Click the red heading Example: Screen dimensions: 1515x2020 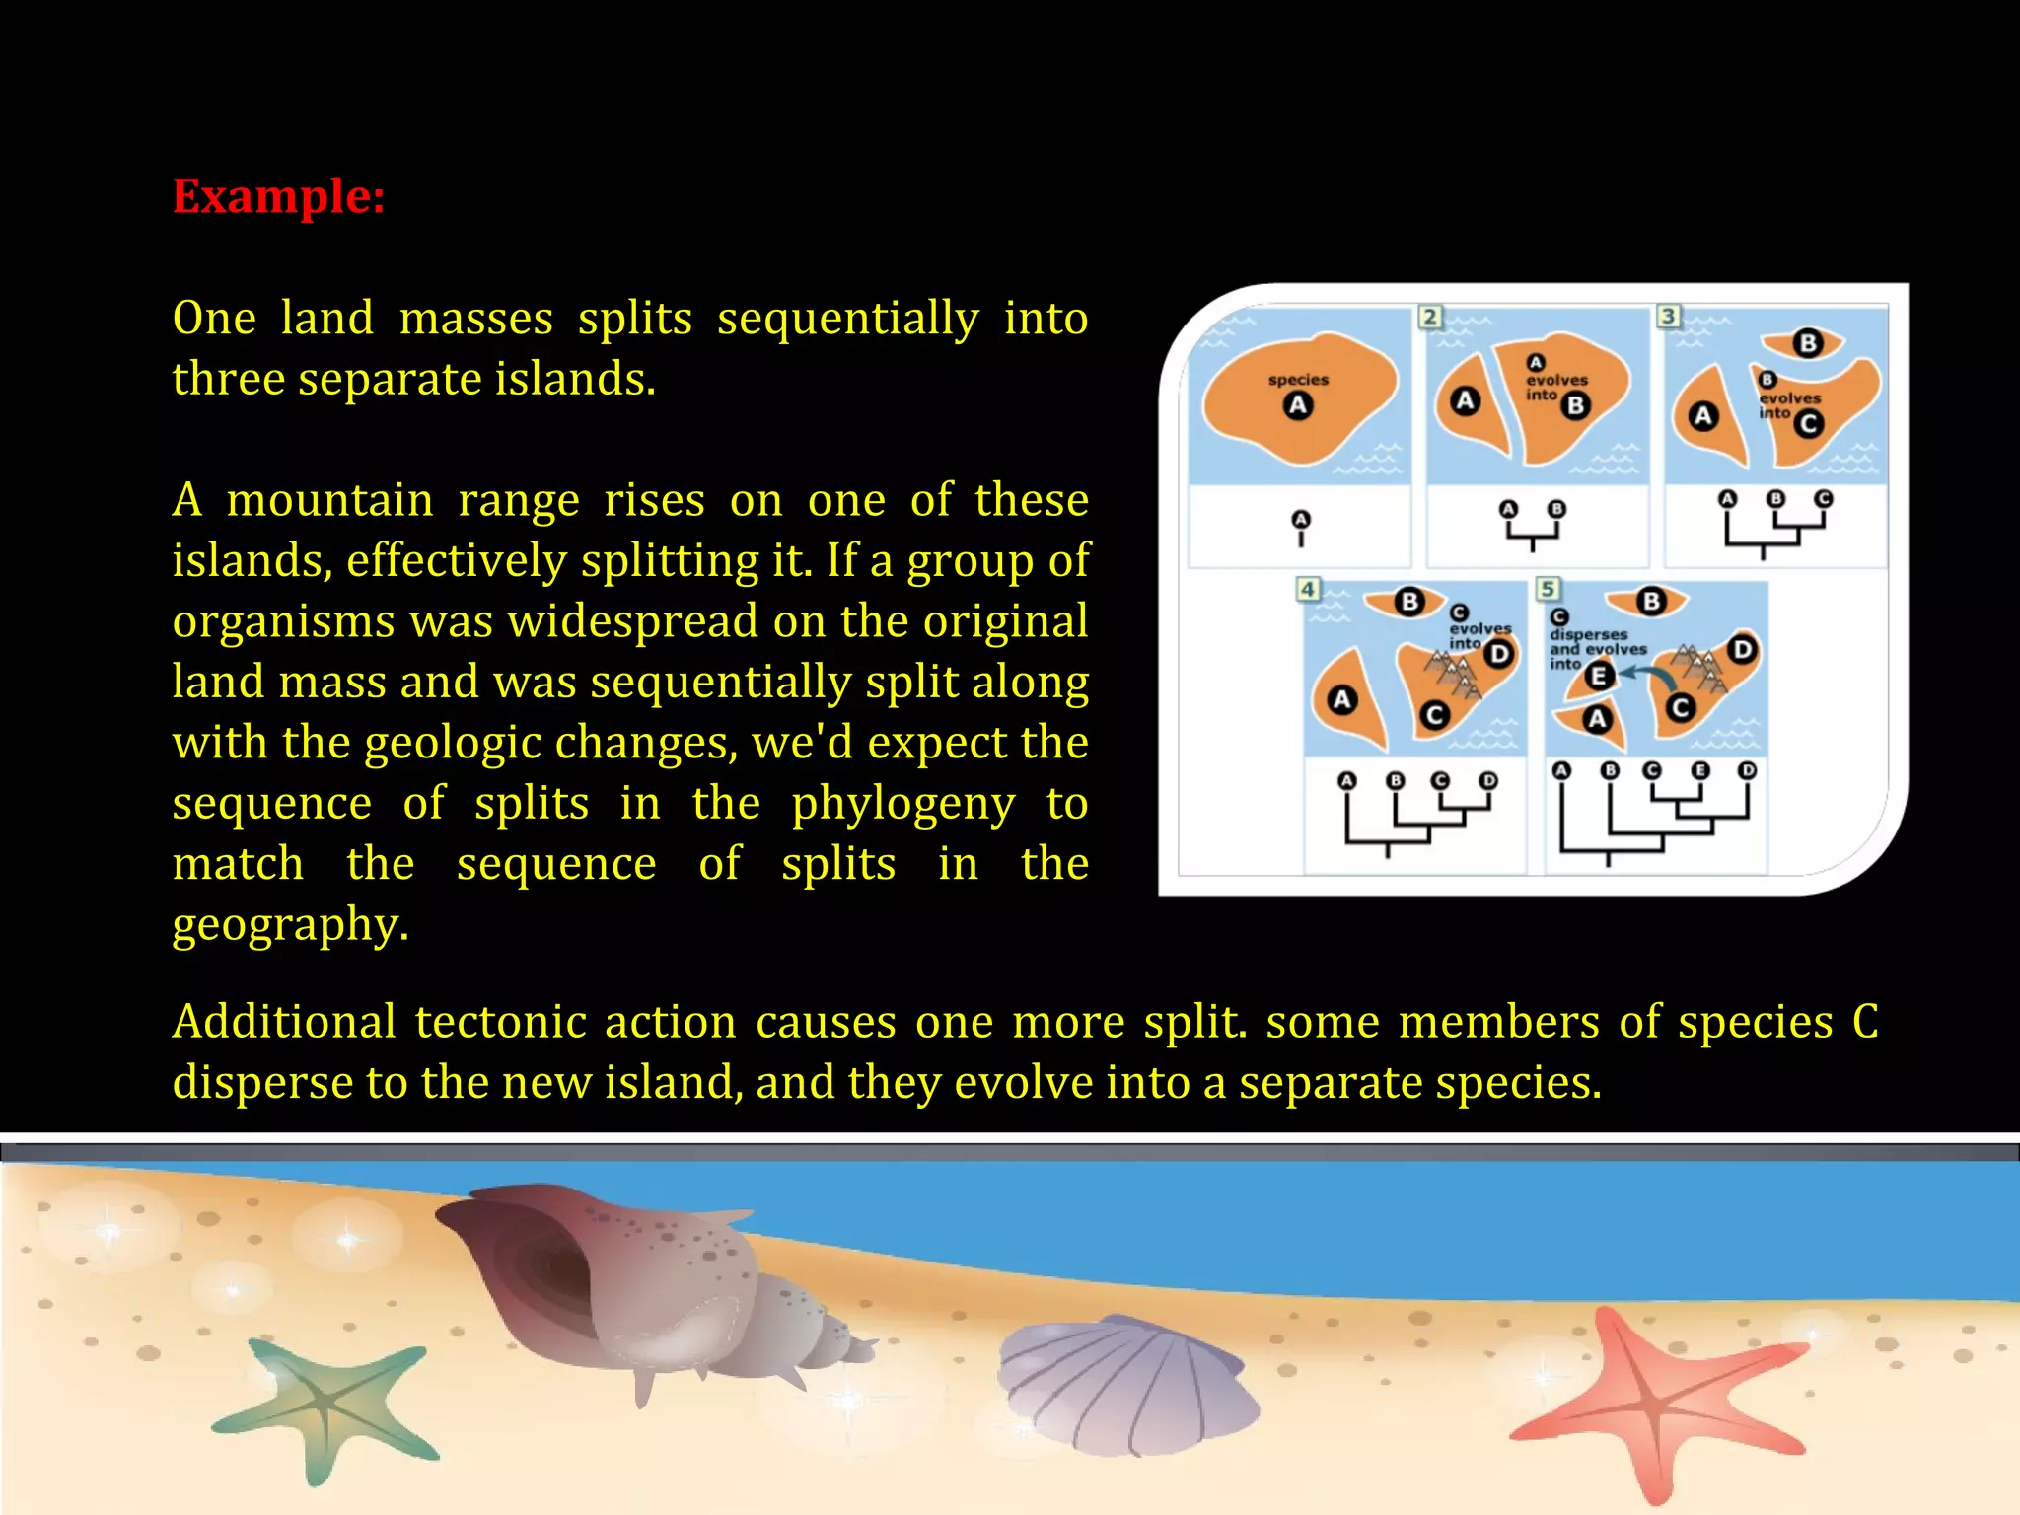coord(278,196)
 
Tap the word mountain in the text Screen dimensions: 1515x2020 coord(330,500)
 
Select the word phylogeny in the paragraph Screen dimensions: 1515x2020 coord(902,804)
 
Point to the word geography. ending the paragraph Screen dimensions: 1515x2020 coord(290,925)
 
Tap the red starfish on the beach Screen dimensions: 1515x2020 coord(1652,1401)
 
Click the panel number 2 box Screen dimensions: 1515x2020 coord(1430,317)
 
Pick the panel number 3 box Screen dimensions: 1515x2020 coord(1668,316)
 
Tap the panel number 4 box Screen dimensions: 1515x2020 coord(1308,589)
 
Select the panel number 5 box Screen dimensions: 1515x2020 coord(1548,589)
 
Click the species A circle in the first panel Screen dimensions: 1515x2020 coord(1298,405)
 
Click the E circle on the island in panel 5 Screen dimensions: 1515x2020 coord(1600,676)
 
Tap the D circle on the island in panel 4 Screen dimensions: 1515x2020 coord(1499,654)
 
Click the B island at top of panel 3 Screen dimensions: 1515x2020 coord(1808,343)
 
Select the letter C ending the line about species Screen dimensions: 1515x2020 coord(1864,1022)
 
